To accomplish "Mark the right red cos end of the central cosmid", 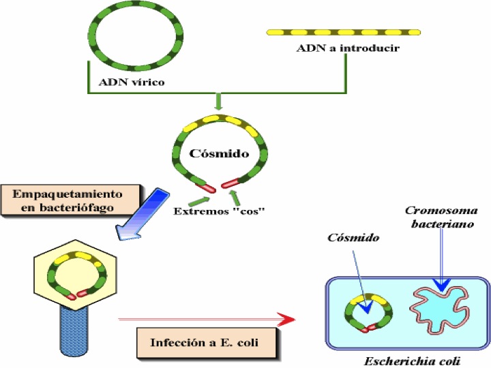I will [x=229, y=183].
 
